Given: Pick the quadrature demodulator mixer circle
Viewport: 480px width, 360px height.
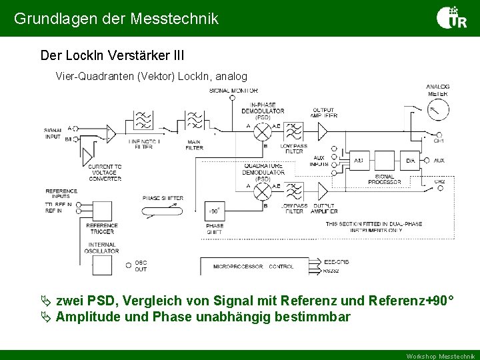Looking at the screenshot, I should tap(262, 193).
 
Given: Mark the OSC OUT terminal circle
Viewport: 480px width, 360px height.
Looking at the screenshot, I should tap(128, 265).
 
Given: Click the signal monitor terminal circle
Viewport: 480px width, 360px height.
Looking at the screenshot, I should tap(232, 98).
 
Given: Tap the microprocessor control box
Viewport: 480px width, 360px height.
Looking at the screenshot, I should tap(254, 266).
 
